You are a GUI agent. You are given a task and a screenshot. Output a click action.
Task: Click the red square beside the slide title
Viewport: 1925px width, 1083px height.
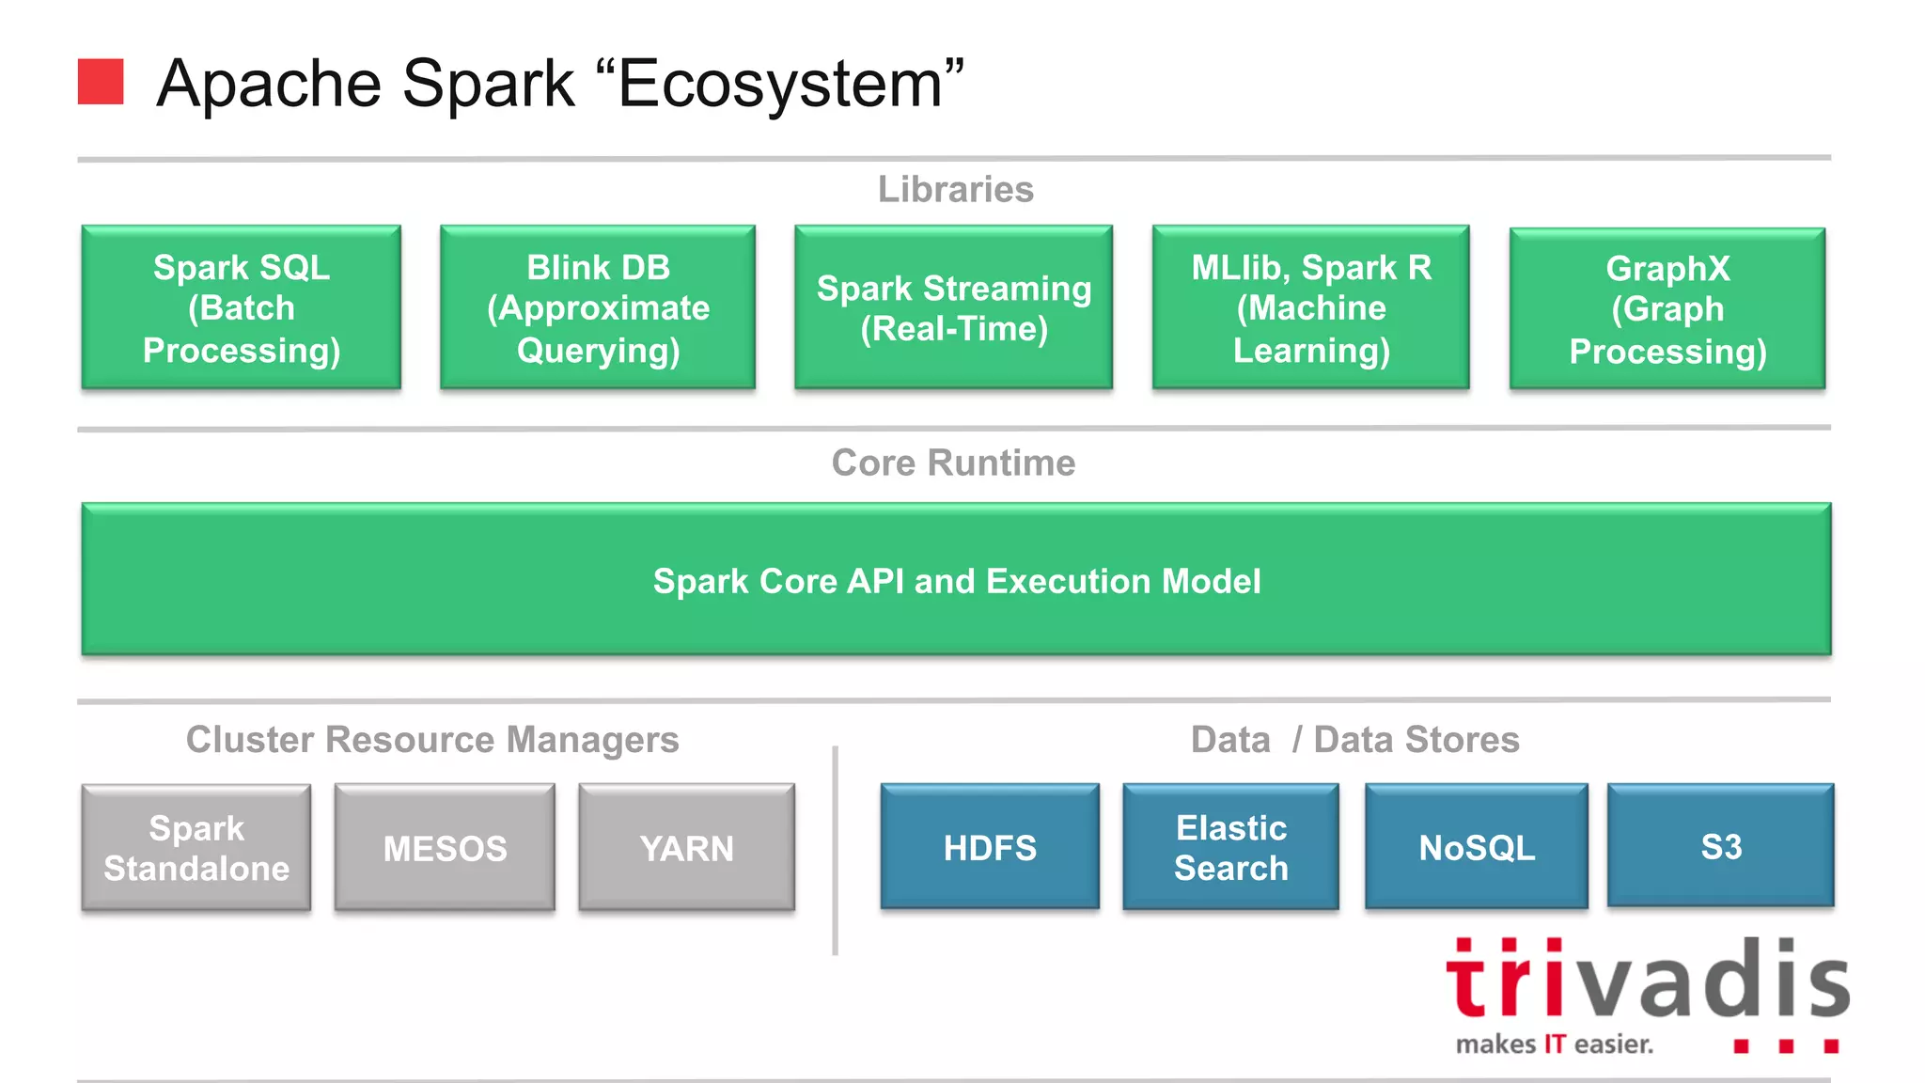pyautogui.click(x=101, y=82)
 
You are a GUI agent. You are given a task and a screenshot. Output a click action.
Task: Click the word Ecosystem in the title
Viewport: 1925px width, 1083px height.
pyautogui.click(x=779, y=84)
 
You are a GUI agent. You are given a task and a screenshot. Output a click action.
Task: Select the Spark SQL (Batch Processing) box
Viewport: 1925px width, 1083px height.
pyautogui.click(x=242, y=307)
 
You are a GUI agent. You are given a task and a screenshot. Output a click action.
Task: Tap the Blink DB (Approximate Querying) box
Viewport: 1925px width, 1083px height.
pyautogui.click(x=598, y=307)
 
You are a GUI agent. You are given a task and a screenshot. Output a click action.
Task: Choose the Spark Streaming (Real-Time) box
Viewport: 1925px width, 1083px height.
pyautogui.click(x=953, y=307)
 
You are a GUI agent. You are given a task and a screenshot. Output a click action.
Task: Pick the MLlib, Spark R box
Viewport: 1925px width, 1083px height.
pyautogui.click(x=1311, y=307)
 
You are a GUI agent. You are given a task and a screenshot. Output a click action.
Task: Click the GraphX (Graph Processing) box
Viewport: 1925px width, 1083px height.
pyautogui.click(x=1667, y=308)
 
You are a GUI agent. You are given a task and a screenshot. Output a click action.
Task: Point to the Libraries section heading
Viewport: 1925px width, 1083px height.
pyautogui.click(x=955, y=189)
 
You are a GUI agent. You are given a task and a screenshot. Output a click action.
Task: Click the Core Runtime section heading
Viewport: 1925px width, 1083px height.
pyautogui.click(x=953, y=463)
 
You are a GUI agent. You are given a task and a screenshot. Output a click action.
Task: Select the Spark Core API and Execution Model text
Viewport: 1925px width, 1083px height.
pyautogui.click(x=956, y=581)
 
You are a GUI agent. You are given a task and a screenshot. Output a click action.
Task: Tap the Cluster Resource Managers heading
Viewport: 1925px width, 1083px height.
pyautogui.click(x=432, y=740)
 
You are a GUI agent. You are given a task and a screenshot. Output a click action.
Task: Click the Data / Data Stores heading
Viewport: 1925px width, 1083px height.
pyautogui.click(x=1354, y=740)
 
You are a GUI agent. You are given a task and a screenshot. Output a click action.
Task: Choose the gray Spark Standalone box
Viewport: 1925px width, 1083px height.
pyautogui.click(x=196, y=847)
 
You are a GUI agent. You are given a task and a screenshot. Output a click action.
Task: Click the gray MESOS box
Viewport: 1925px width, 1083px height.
pyautogui.click(x=445, y=847)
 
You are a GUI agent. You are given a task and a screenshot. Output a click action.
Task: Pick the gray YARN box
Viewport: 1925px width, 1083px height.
pyautogui.click(x=686, y=847)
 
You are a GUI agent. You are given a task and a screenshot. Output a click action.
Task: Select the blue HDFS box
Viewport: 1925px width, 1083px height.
pyautogui.click(x=990, y=847)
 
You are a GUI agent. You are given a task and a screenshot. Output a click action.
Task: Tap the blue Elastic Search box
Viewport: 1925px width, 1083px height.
pyautogui.click(x=1230, y=847)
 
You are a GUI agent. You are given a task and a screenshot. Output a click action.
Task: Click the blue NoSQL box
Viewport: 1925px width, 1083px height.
pyautogui.click(x=1476, y=847)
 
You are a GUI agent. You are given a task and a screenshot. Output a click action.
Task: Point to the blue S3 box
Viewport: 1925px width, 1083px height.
pyautogui.click(x=1720, y=845)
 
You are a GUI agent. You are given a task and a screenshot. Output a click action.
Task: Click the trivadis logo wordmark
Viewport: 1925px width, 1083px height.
pyautogui.click(x=1647, y=981)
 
